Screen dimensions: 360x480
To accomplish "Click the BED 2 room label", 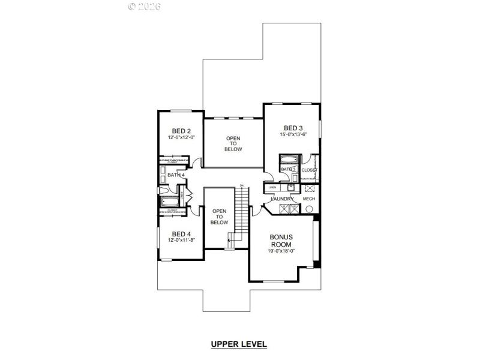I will [x=181, y=131].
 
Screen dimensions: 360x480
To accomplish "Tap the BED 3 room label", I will [x=293, y=128].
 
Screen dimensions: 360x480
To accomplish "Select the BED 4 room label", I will [x=181, y=233].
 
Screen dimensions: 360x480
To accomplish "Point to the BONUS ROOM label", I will [x=281, y=241].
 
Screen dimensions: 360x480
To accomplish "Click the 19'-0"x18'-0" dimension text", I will [x=281, y=251].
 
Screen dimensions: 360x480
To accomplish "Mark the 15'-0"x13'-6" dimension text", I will [x=293, y=135].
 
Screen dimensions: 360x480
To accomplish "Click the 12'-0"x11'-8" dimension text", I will [x=181, y=240].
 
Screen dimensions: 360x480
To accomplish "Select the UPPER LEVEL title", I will [x=238, y=344].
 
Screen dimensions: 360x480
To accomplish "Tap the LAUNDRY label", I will [x=282, y=199].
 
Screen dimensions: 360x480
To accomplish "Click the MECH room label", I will [x=309, y=199].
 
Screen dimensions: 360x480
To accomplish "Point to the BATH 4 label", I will [x=176, y=175].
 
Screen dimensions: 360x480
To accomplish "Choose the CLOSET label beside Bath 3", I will [x=309, y=170].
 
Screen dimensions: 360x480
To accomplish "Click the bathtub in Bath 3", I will [x=289, y=160].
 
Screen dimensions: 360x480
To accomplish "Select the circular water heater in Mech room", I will [x=310, y=209].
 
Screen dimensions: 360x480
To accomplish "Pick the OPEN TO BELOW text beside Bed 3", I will [x=233, y=144].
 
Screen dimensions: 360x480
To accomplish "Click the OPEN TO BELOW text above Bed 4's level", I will [x=219, y=217].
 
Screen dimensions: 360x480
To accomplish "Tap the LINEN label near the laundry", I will [x=272, y=188].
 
